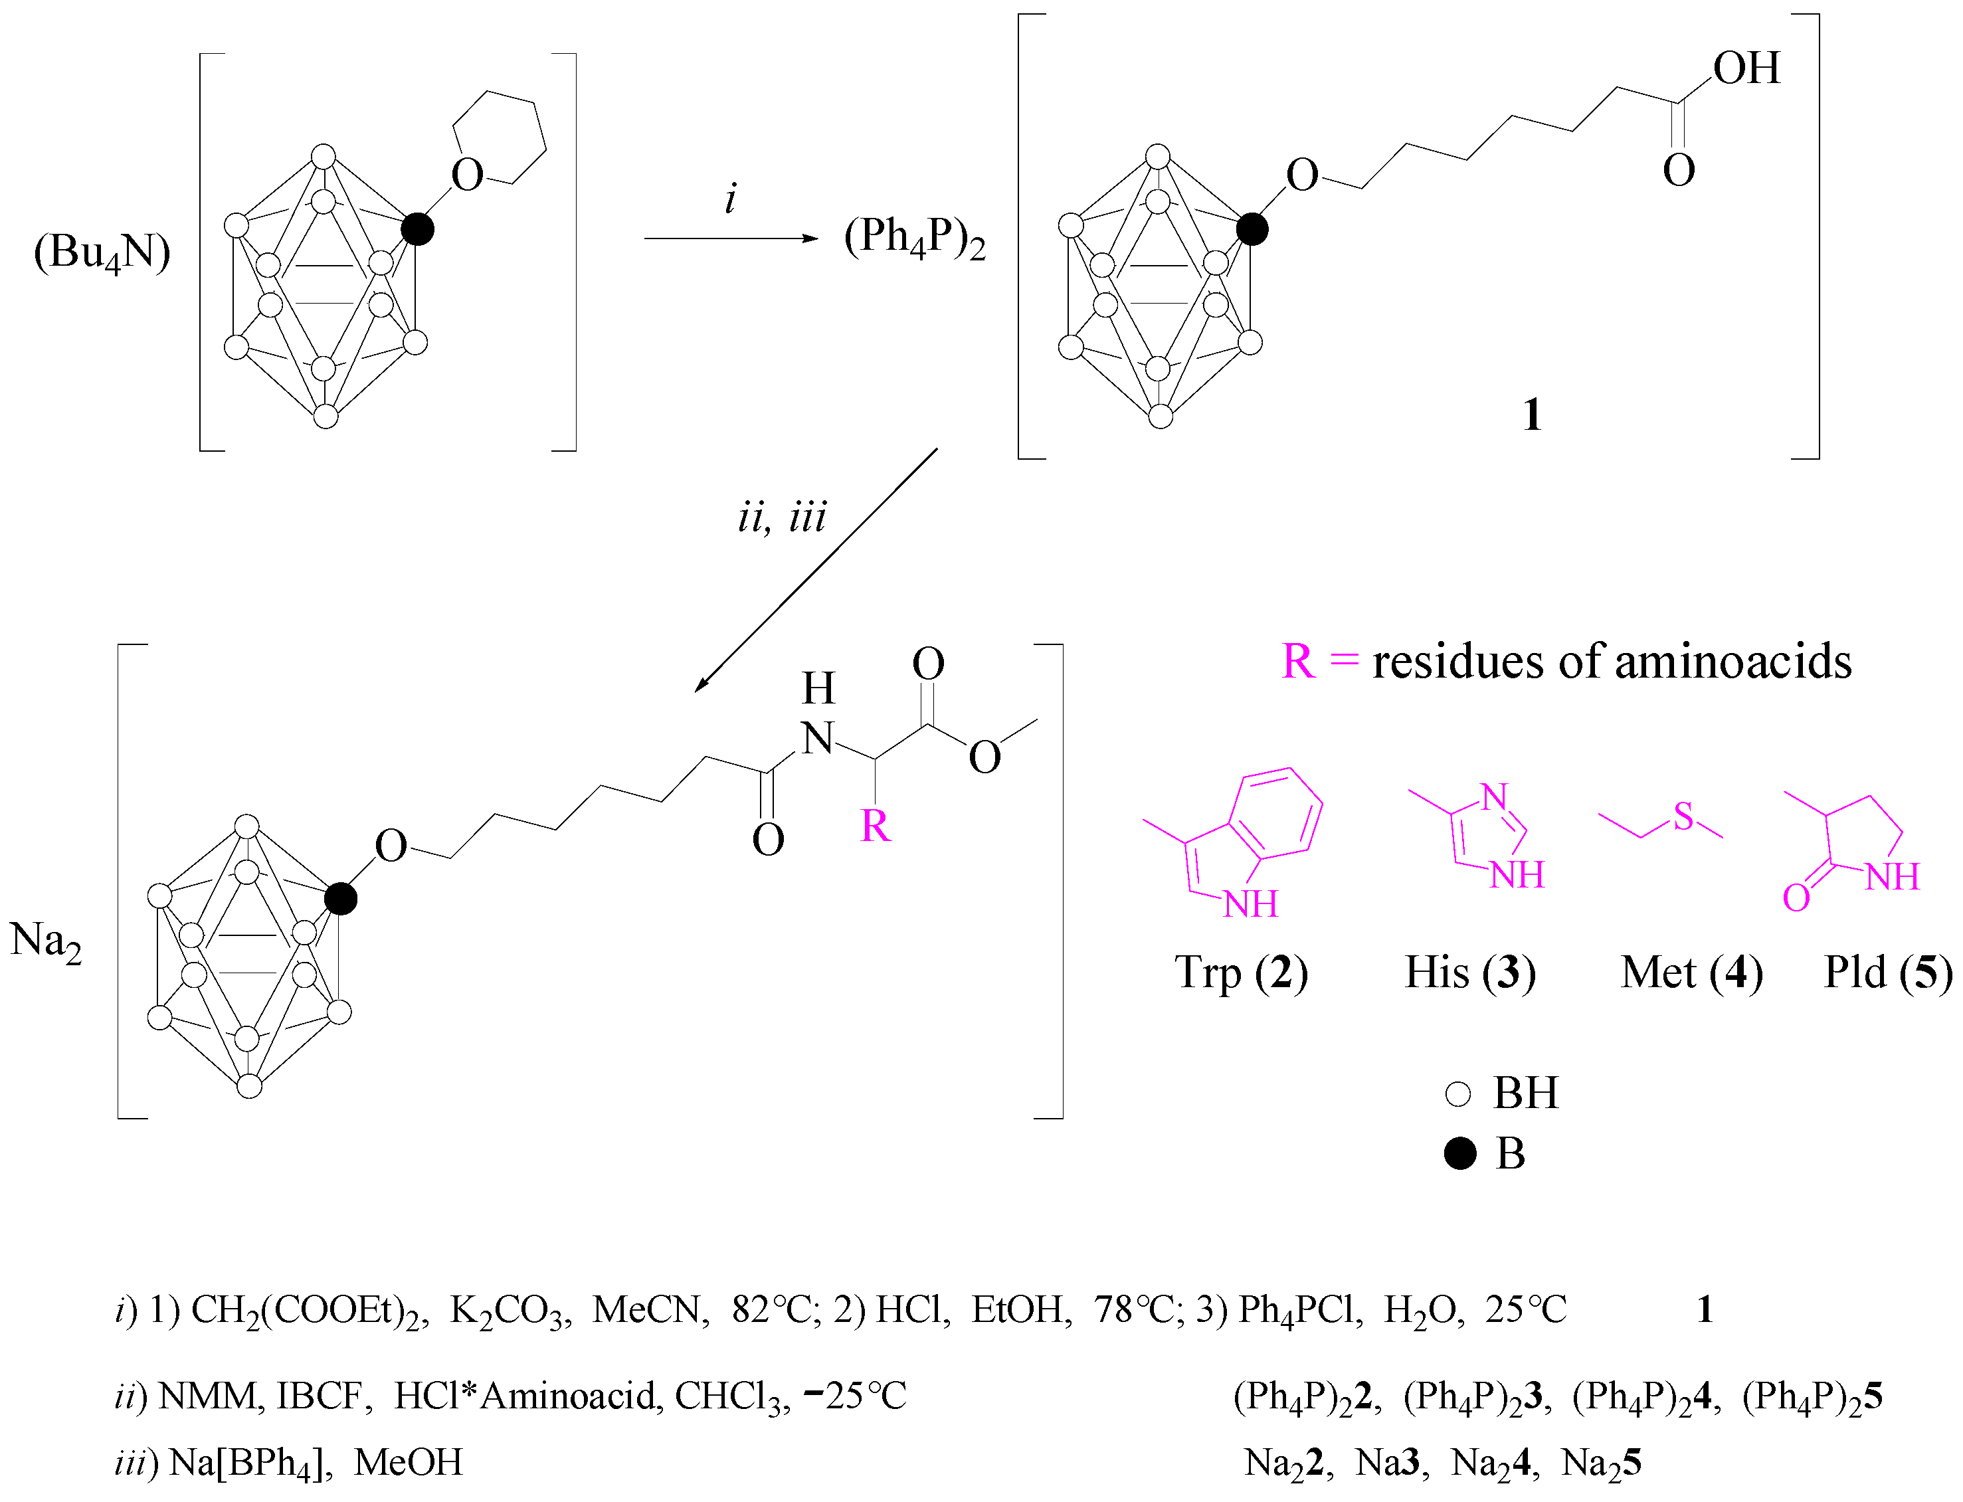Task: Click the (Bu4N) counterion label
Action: click(x=102, y=253)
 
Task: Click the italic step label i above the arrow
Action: click(x=730, y=199)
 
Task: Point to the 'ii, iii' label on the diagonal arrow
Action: click(x=782, y=517)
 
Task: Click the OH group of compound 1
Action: click(x=1746, y=69)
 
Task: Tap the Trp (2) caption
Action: click(x=1241, y=972)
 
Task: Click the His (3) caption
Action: click(x=1469, y=972)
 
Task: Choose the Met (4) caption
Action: click(x=1691, y=972)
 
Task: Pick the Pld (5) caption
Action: click(x=1888, y=972)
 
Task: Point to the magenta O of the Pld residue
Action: click(x=1796, y=897)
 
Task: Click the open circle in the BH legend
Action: click(x=1458, y=1093)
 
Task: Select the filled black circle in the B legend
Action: click(x=1459, y=1154)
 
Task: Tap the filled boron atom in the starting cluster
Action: click(x=417, y=229)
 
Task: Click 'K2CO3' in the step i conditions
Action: click(x=510, y=1311)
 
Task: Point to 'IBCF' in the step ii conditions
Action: click(x=324, y=1396)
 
